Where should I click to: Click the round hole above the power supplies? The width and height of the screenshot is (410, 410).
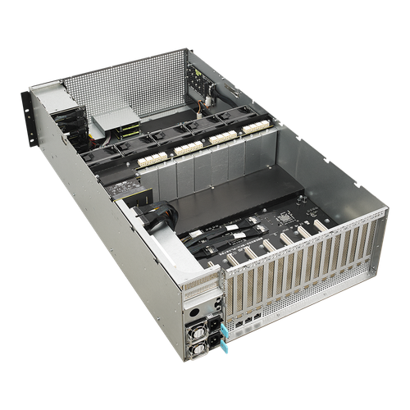(194, 312)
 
